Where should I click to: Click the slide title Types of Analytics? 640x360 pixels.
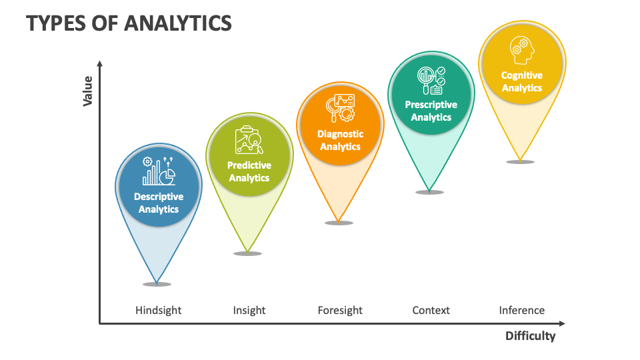point(129,23)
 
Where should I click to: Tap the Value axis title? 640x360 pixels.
point(87,91)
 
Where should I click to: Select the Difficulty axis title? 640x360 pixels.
point(530,336)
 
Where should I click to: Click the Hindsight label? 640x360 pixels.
point(158,310)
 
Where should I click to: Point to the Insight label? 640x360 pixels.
point(249,310)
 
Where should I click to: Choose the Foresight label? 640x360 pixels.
point(340,310)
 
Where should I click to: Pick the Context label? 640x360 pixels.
point(431,310)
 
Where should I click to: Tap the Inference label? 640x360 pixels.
point(522,310)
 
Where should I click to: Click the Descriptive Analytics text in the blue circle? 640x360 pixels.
point(159,203)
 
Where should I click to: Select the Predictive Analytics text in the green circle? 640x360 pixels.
point(249,171)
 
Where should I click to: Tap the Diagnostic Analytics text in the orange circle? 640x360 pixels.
point(340,140)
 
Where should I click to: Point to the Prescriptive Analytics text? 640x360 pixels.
point(431,111)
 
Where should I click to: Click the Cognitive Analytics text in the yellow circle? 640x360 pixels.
point(522,81)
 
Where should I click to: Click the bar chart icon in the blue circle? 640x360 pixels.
point(159,171)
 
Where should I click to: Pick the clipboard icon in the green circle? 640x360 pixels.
point(249,140)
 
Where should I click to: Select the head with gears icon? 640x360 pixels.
point(521,49)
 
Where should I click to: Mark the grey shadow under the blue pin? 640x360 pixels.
point(157,285)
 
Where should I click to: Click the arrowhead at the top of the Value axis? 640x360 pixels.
point(100,63)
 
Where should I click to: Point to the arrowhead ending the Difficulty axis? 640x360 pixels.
point(563,323)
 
